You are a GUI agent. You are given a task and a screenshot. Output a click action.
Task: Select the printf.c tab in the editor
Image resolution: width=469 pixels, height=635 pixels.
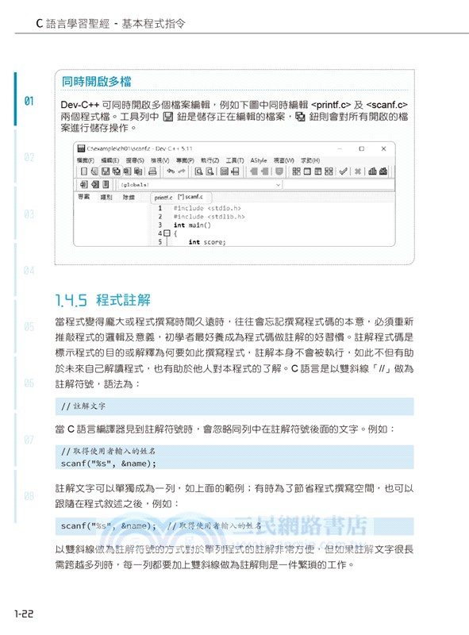pyautogui.click(x=163, y=196)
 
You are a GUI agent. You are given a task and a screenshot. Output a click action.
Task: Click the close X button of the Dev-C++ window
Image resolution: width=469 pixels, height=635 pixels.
pyautogui.click(x=384, y=148)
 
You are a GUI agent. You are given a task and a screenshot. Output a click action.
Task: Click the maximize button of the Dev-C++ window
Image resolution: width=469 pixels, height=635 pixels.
pyautogui.click(x=361, y=148)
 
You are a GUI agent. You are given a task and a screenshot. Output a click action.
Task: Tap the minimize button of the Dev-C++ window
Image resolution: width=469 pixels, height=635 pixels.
pyautogui.click(x=338, y=148)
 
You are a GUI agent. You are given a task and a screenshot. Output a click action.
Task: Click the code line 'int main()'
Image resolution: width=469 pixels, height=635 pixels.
pyautogui.click(x=190, y=225)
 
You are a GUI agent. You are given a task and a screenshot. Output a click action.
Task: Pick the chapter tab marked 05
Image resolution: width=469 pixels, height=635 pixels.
pyautogui.click(x=29, y=326)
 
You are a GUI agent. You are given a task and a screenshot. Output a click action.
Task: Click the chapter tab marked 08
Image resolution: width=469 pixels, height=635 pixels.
pyautogui.click(x=29, y=496)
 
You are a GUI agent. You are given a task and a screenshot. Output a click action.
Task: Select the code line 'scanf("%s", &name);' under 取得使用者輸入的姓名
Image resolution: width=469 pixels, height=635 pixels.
pyautogui.click(x=109, y=463)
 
